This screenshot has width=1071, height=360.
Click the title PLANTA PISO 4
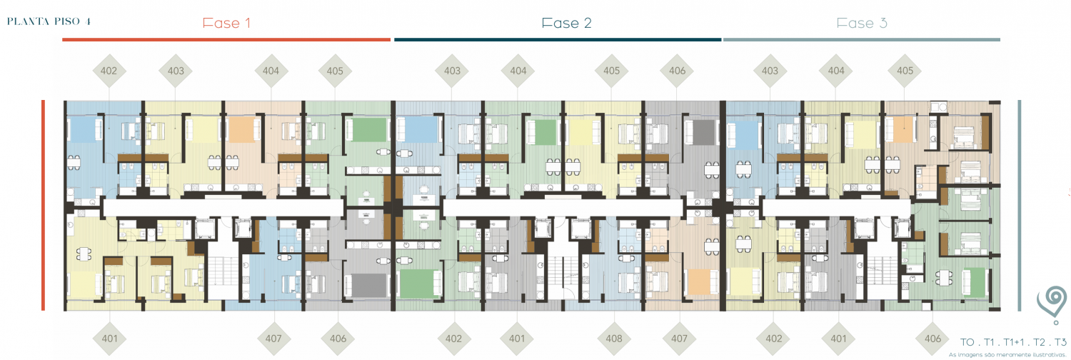tap(49, 21)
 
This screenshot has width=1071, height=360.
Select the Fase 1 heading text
tap(226, 23)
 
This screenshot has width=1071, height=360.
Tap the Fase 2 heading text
tap(567, 23)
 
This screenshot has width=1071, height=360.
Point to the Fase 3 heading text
tap(862, 23)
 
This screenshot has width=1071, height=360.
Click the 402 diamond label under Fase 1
tap(109, 71)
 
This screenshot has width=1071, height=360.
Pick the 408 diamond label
tap(614, 339)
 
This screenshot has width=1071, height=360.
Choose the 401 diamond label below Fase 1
tap(109, 339)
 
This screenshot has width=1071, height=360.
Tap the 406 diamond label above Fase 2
tap(677, 71)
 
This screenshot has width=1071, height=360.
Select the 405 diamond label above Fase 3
tap(905, 71)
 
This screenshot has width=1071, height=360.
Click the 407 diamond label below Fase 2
tap(679, 339)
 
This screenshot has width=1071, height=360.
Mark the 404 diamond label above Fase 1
tap(271, 71)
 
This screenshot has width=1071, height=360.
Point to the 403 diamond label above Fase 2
tap(452, 71)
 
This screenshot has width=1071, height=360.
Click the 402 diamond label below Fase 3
tap(773, 339)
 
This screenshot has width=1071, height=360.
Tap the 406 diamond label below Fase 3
tap(932, 339)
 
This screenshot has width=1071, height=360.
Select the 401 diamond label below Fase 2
tap(517, 339)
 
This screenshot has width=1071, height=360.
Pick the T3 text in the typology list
tap(1060, 342)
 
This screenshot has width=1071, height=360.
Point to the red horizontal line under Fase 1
tap(226, 40)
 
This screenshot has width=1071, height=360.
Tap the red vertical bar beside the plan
tap(43, 205)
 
